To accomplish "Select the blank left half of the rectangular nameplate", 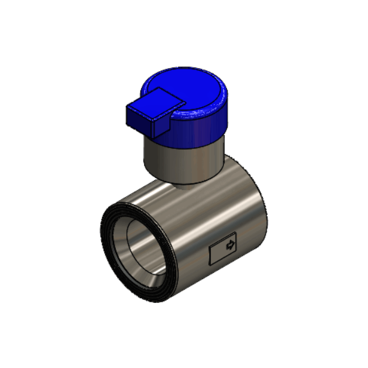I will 217,253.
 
